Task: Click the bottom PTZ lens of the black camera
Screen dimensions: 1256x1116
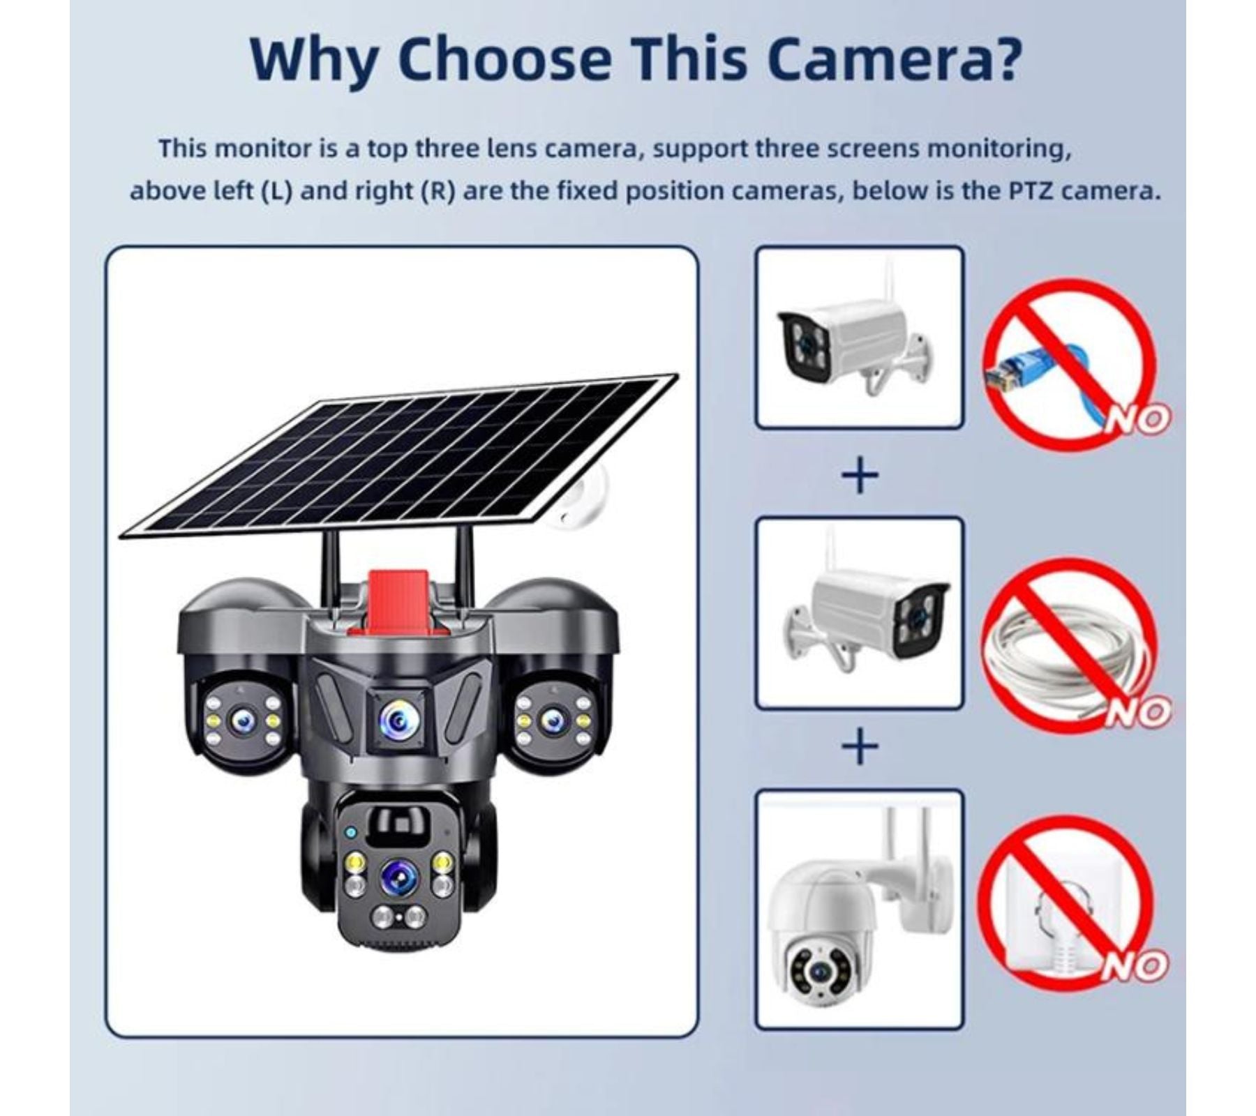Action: [399, 875]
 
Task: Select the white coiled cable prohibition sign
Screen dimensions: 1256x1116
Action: [1069, 644]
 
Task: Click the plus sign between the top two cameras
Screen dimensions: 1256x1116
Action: [860, 476]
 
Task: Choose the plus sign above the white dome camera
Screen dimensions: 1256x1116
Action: [860, 746]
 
